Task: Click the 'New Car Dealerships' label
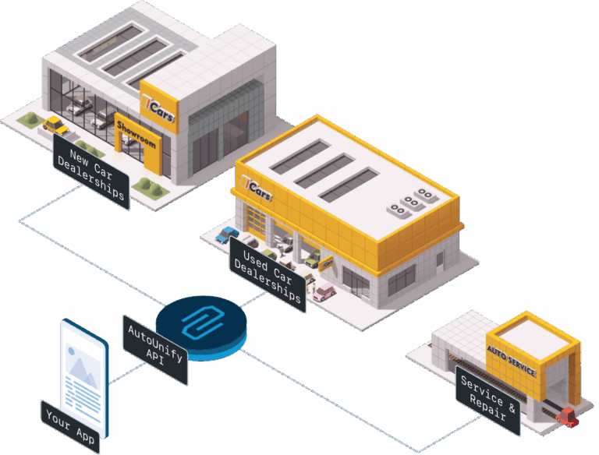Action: (x=91, y=171)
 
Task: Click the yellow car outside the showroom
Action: (x=54, y=125)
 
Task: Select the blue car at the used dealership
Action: (x=227, y=234)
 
